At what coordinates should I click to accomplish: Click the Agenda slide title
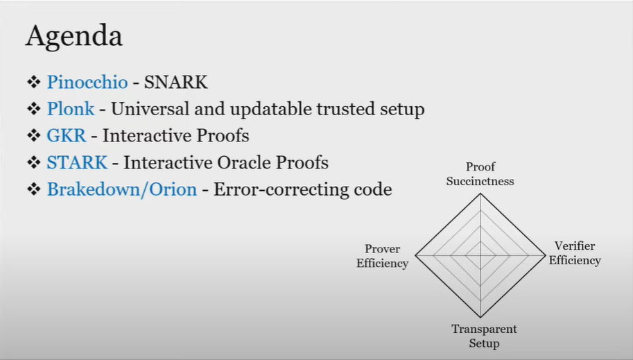click(74, 36)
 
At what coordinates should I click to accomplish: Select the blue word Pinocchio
click(87, 82)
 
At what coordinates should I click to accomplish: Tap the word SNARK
click(175, 82)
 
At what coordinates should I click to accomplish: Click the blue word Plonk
click(71, 109)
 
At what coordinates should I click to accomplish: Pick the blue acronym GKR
click(66, 135)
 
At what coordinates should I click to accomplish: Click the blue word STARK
click(77, 162)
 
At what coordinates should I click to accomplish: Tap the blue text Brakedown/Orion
click(122, 189)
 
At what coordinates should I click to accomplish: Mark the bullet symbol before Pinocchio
click(34, 82)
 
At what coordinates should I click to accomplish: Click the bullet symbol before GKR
click(34, 135)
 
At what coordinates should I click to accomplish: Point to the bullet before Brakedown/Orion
click(34, 189)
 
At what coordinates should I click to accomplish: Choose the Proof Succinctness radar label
click(480, 173)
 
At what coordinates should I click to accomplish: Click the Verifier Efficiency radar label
click(575, 253)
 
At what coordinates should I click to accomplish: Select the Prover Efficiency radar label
click(382, 256)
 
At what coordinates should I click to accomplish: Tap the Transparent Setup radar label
click(484, 336)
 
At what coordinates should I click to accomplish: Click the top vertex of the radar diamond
click(480, 194)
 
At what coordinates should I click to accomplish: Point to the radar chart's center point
click(480, 255)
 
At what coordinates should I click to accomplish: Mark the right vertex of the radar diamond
click(546, 255)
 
